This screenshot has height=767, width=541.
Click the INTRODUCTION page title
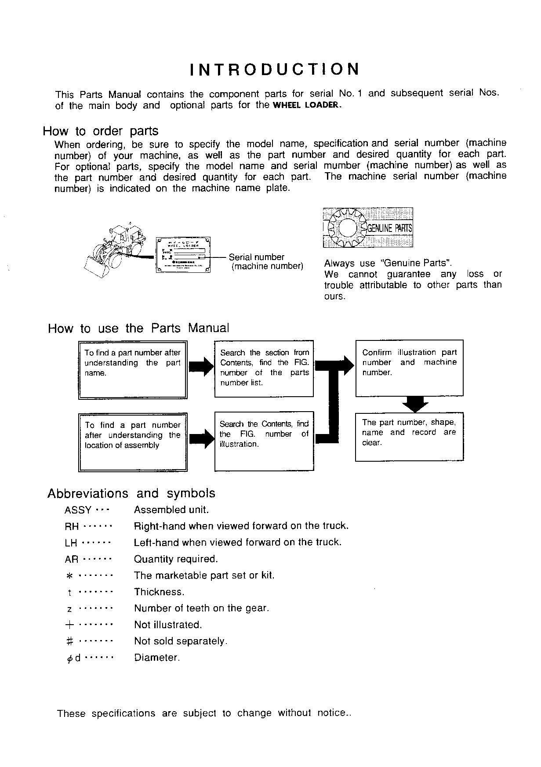[x=275, y=69]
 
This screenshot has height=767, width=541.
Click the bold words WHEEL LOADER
[x=307, y=105]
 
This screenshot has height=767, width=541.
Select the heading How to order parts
[x=101, y=131]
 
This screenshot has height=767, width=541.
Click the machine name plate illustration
[x=184, y=255]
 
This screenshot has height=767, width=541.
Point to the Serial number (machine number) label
[x=266, y=262]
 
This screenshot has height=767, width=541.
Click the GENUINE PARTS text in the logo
[x=389, y=228]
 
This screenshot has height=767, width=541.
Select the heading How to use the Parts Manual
[x=138, y=328]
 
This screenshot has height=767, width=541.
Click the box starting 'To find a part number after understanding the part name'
[x=132, y=369]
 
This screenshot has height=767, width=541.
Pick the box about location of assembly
[x=132, y=442]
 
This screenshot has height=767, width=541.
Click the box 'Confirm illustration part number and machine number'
[x=409, y=368]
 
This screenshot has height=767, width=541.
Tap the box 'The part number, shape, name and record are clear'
[x=409, y=436]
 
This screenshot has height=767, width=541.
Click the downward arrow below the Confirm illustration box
[x=415, y=404]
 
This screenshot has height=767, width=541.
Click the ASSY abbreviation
[x=78, y=510]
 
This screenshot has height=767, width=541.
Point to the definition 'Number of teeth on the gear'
[x=201, y=608]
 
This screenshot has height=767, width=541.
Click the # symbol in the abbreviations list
[x=69, y=641]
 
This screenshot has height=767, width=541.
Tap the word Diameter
[x=156, y=658]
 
